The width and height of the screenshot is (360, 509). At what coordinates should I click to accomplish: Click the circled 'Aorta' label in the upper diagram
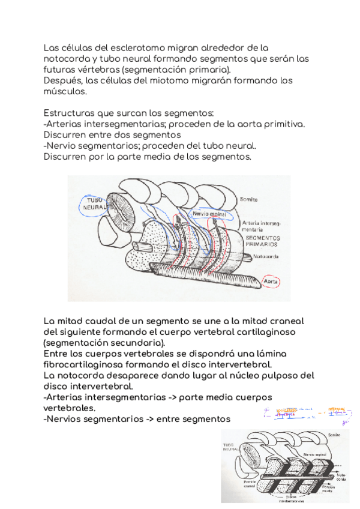point(274,281)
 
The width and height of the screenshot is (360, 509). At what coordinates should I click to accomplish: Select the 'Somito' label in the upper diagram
point(249,199)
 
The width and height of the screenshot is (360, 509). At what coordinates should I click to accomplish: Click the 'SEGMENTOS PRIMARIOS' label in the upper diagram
point(262,241)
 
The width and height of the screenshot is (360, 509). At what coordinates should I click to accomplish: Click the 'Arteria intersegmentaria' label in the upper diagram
point(260,225)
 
